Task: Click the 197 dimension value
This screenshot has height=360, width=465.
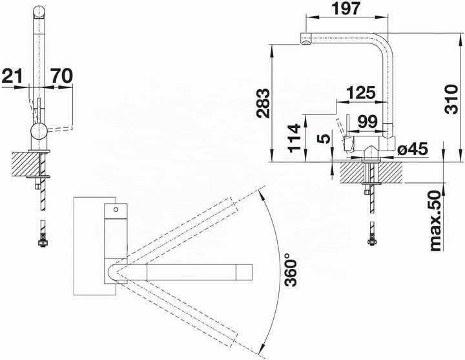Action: point(346,8)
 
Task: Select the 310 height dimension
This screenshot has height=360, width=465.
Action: point(451,99)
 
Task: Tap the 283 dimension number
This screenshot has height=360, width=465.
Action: point(263,103)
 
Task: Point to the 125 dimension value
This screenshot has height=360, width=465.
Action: point(361,92)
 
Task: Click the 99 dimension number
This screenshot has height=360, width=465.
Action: point(367,121)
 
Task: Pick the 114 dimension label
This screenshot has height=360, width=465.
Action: point(294,138)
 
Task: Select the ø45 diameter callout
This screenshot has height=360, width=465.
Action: point(413,149)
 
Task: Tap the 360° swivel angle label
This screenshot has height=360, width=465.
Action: point(291,270)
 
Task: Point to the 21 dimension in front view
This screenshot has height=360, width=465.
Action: point(12,76)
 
